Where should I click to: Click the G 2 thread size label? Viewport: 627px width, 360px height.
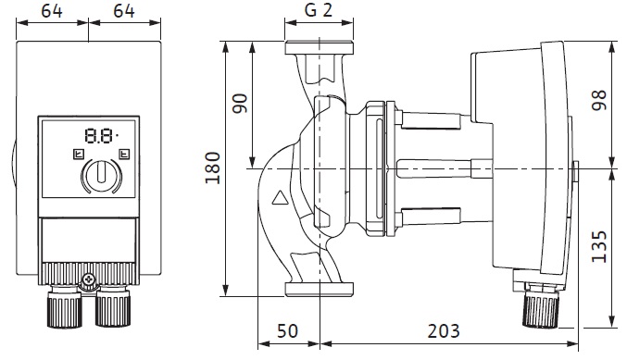coord(319,10)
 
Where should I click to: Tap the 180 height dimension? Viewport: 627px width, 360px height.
coord(213,168)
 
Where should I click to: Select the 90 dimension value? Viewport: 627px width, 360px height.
coord(240,104)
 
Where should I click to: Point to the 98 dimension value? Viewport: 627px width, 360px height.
coord(599,100)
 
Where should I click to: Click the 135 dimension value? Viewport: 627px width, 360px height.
coord(599,246)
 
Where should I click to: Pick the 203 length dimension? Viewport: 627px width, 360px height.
coord(444,331)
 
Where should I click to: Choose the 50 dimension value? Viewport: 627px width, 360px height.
coord(287,331)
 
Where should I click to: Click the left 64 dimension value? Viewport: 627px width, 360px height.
coord(52,11)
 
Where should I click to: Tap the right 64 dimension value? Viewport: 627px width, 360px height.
coord(124,11)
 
